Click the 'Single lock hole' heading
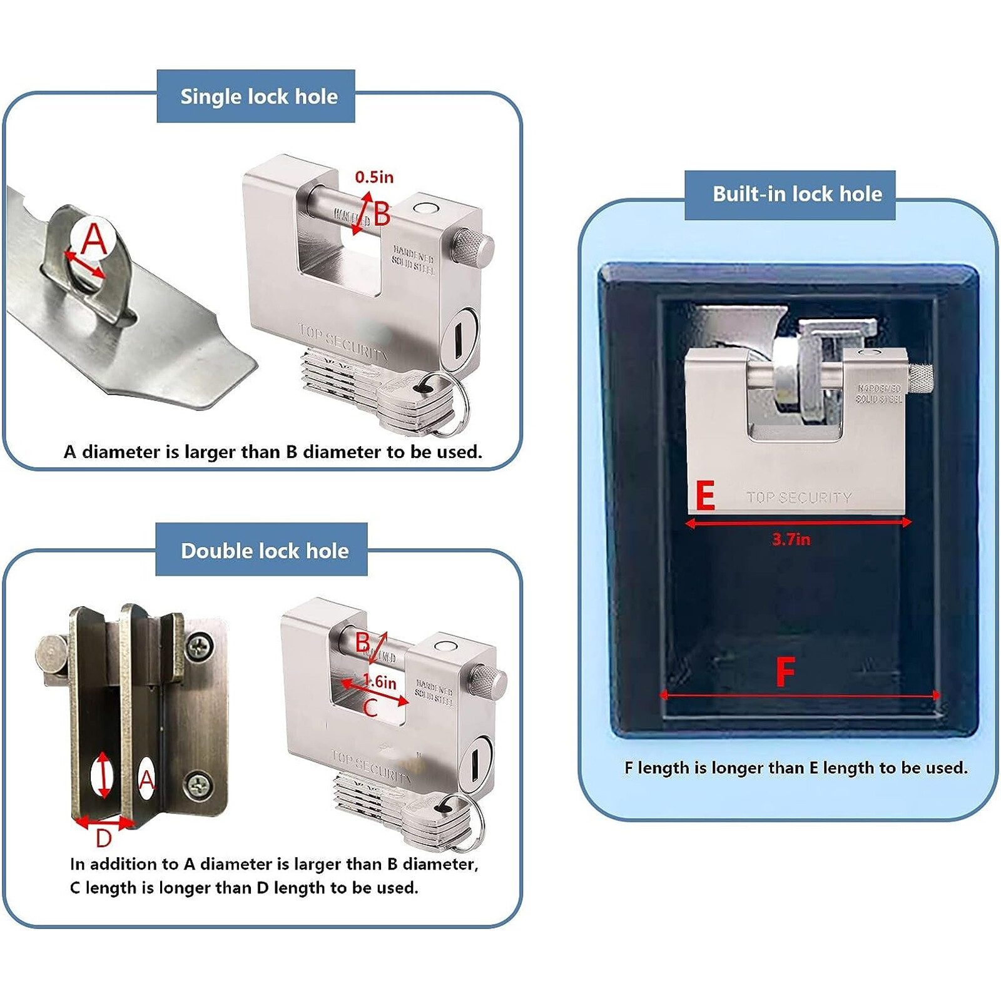(x=258, y=96)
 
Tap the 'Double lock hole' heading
(x=264, y=551)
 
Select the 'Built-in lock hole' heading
(x=797, y=194)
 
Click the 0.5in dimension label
(x=374, y=177)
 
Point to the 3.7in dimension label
(x=791, y=539)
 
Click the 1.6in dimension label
(x=380, y=682)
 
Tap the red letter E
(x=705, y=496)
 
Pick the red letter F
(x=785, y=673)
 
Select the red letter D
(x=104, y=838)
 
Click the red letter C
(x=370, y=708)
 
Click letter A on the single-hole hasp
(x=94, y=238)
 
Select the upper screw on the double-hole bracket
(x=200, y=646)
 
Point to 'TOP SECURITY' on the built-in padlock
(x=799, y=497)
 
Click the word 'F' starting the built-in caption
(x=628, y=768)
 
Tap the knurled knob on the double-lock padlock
(x=487, y=683)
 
